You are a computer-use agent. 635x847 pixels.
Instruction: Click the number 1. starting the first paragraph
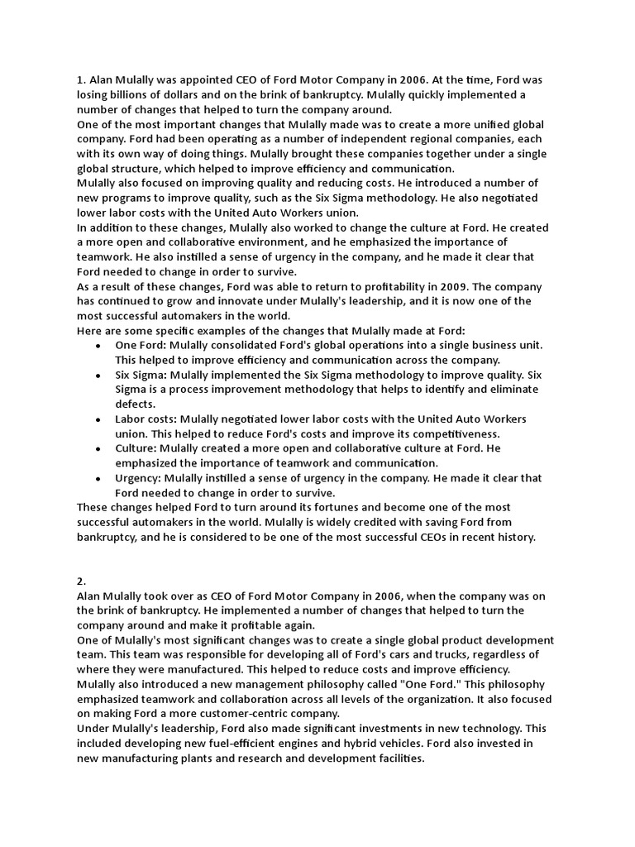tap(81, 79)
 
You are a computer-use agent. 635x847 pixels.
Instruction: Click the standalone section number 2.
tap(81, 581)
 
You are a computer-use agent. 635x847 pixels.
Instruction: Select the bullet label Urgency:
tap(138, 478)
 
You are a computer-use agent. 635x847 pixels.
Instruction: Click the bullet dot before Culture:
tap(99, 449)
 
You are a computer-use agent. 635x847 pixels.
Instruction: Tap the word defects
tap(135, 404)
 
